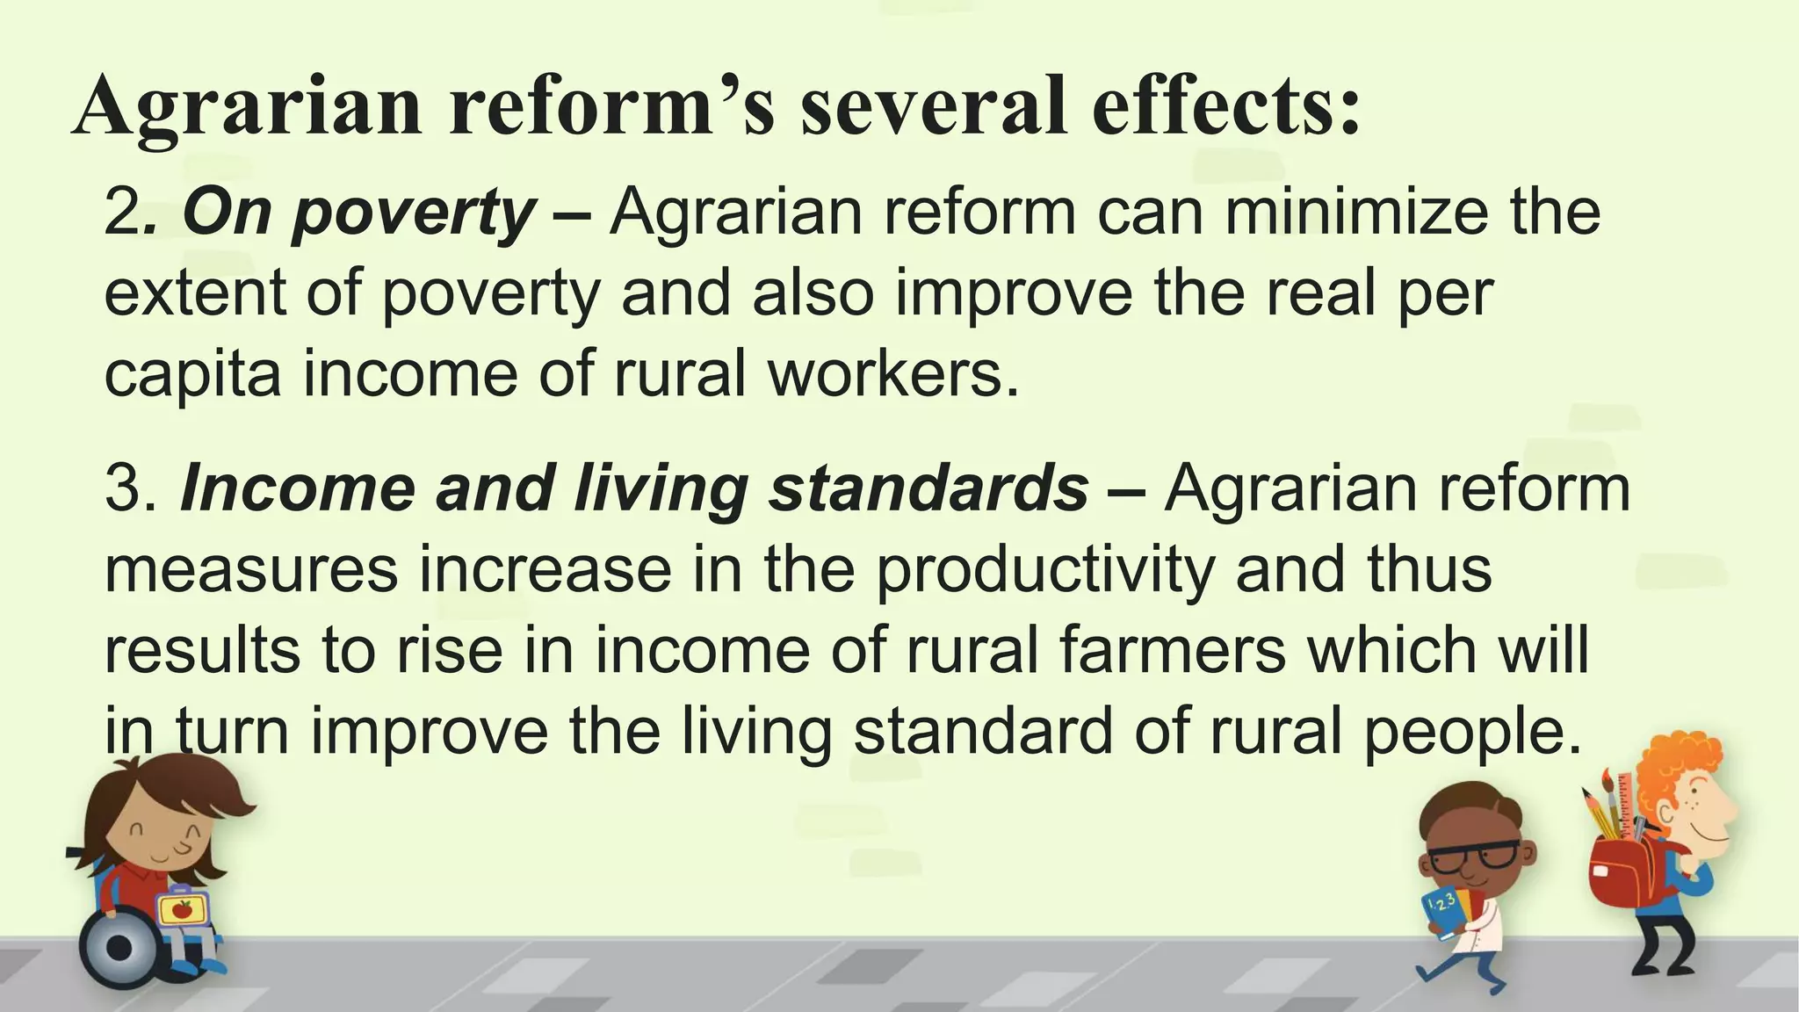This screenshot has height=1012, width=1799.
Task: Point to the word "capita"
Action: pos(192,374)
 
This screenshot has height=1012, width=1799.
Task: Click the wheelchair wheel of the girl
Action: pos(119,947)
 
